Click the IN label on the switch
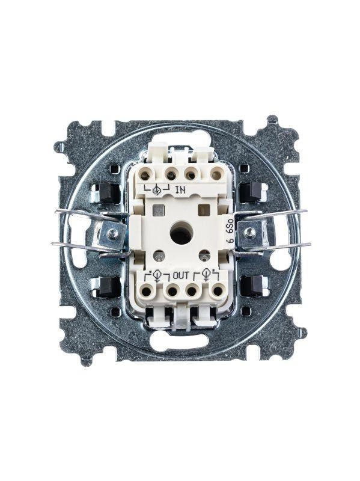[x=181, y=190]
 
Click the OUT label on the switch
[x=180, y=275]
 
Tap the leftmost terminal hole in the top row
[x=145, y=176]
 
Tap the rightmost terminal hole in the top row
[x=216, y=176]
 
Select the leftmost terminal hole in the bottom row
[x=147, y=290]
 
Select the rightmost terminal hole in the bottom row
[x=218, y=290]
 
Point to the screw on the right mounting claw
[x=249, y=232]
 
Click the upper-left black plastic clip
[x=108, y=193]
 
